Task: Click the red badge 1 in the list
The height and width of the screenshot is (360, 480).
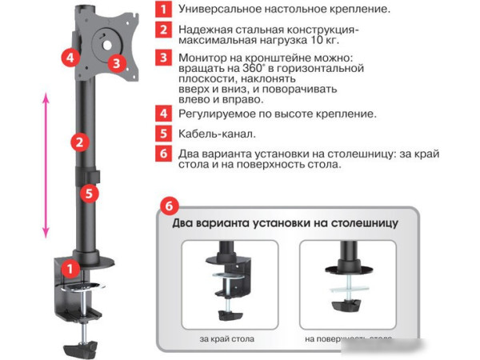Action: pos(163,10)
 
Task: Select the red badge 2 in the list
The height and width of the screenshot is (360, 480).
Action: pos(163,31)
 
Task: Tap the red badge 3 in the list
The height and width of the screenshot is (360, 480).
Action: pos(163,58)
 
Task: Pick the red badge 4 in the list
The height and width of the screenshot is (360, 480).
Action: pos(163,114)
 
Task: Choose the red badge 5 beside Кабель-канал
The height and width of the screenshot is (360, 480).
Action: pos(163,134)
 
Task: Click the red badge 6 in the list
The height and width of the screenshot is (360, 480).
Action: pos(163,154)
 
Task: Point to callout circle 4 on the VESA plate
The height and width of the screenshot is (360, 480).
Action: pos(70,58)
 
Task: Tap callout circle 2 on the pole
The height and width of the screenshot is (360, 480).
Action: pos(78,143)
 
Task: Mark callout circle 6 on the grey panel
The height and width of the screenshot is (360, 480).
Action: pos(168,205)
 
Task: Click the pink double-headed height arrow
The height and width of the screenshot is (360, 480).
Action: pos(46,163)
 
